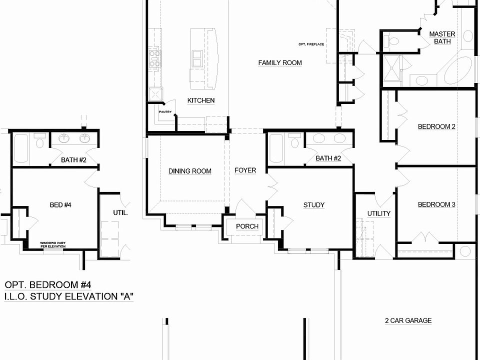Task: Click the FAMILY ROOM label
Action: (x=280, y=63)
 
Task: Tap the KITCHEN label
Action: (x=201, y=100)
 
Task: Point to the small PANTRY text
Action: (x=165, y=112)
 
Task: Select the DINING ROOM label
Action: (x=189, y=171)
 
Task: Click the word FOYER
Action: (x=245, y=170)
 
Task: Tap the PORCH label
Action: (x=247, y=226)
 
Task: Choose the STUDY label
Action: (x=313, y=205)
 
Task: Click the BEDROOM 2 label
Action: (x=436, y=126)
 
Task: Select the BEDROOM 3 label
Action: (x=436, y=204)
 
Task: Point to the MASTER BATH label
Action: (x=442, y=38)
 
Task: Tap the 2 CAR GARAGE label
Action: (x=408, y=321)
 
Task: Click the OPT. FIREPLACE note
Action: (x=311, y=44)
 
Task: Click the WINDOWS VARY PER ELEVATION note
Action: (x=56, y=245)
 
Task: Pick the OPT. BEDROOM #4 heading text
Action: (x=48, y=285)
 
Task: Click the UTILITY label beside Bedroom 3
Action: (x=378, y=213)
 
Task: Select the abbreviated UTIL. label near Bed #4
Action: (x=120, y=212)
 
